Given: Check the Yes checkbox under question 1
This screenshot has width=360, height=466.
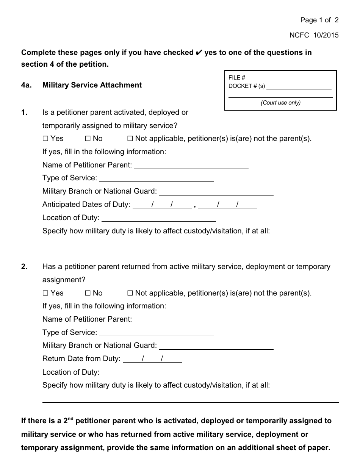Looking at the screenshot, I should click(x=45, y=139).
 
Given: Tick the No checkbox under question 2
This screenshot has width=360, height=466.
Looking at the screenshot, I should click(x=88, y=293).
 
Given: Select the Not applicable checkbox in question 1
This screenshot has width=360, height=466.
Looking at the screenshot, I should click(x=130, y=139).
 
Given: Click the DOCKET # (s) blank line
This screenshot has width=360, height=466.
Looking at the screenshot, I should click(x=299, y=87).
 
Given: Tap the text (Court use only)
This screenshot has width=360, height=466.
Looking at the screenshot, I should click(x=280, y=103).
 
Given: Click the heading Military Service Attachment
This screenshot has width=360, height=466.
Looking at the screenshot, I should click(x=92, y=85).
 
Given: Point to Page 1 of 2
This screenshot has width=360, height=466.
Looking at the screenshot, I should click(x=319, y=20).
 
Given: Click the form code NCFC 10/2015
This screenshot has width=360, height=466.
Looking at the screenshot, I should click(x=314, y=35).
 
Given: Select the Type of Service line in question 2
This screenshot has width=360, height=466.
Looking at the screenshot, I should click(x=157, y=333).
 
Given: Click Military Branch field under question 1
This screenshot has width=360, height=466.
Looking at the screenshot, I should click(x=216, y=192).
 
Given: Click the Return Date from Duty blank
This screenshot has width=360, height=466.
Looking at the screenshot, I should click(x=152, y=359).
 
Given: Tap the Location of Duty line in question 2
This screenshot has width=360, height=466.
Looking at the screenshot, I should click(x=159, y=373).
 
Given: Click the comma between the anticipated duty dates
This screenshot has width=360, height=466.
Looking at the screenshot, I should click(x=195, y=206).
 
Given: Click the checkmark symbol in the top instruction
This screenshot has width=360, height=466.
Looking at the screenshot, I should click(x=199, y=53).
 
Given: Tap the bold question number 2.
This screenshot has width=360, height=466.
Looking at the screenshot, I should click(x=24, y=267).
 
